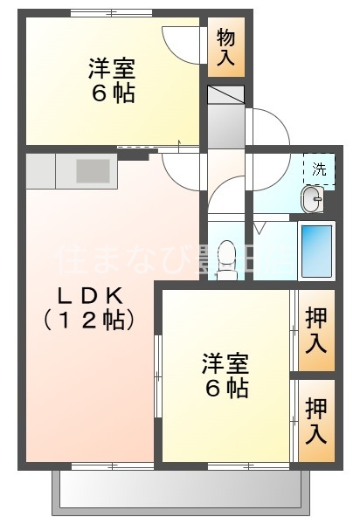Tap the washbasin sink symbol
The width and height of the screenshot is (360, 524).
point(311,200)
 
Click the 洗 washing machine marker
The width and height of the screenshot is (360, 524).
point(319,169)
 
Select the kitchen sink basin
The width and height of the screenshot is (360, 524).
point(93,170)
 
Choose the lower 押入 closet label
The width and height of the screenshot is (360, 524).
point(316,419)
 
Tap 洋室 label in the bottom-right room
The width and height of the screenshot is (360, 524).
point(225,362)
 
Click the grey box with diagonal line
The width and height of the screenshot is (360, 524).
point(226,95)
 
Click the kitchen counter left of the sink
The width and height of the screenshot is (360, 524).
point(41,170)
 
